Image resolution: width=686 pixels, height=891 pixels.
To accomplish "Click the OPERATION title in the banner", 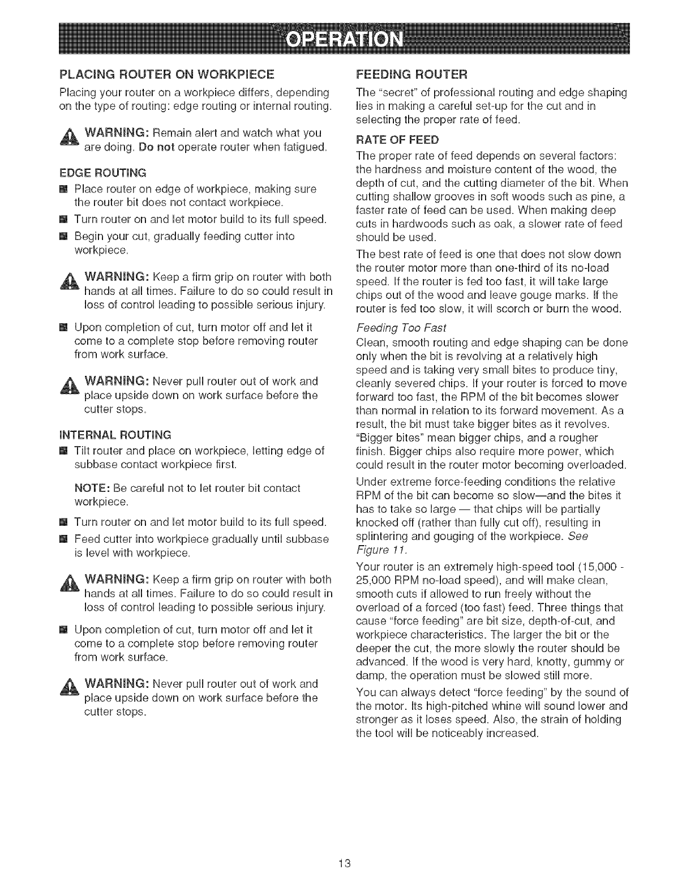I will point(345,40).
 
